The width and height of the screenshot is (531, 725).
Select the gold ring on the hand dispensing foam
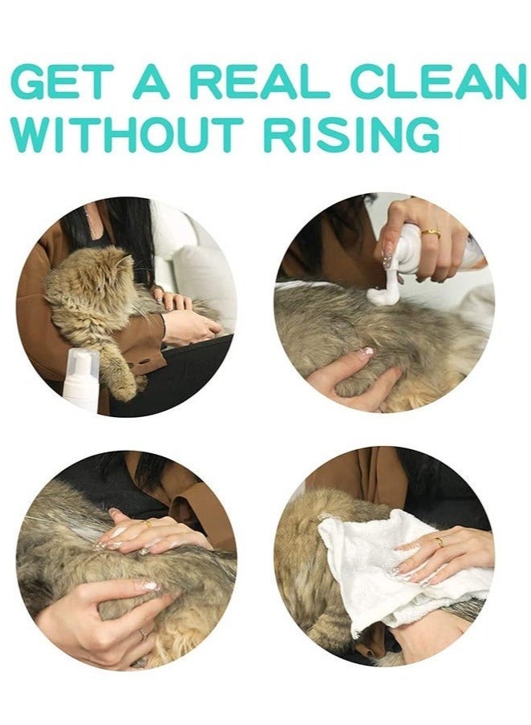coord(432,233)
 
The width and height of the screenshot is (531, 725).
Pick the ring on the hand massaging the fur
coord(148,523)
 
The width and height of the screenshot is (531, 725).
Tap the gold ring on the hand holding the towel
coord(440,542)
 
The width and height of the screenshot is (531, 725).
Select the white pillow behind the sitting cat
coord(205,277)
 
